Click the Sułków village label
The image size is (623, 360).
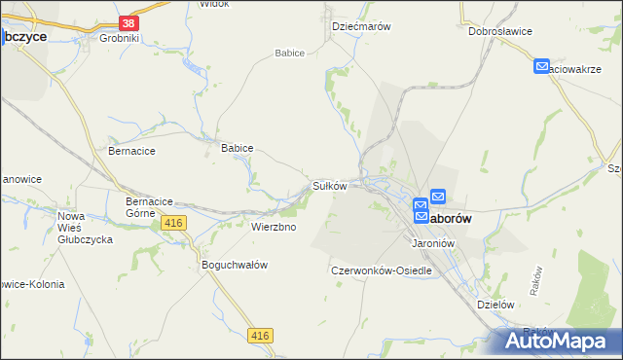coord(329,185)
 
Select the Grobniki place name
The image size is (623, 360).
coord(120,39)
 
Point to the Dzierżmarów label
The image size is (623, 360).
coord(361,27)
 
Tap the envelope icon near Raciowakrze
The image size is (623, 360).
coord(542,66)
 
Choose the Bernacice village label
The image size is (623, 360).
coord(131,152)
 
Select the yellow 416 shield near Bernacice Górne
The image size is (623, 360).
coord(174,224)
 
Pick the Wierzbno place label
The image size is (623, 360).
coord(274,227)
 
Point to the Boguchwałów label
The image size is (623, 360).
coord(234,265)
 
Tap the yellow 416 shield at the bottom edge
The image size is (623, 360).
coord(259,336)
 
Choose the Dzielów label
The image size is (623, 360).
coord(495,304)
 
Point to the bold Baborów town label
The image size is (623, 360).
coord(450,219)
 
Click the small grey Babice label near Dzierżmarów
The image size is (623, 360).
coord(290,53)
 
